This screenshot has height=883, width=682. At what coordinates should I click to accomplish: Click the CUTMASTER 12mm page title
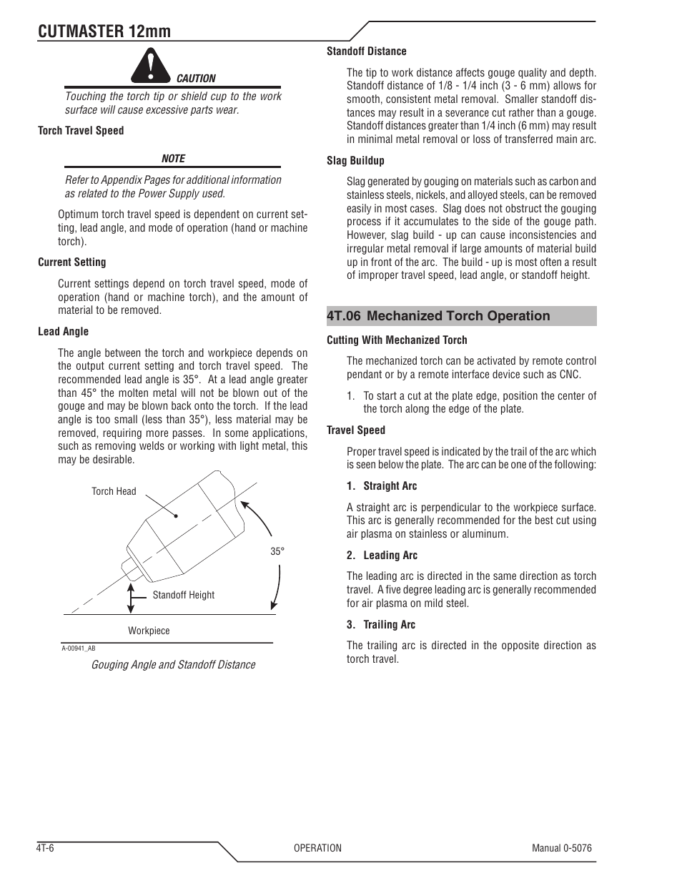pos(104,31)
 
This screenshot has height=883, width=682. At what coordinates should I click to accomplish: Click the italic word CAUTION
pos(196,79)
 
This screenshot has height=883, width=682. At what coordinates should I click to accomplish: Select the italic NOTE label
pos(173,159)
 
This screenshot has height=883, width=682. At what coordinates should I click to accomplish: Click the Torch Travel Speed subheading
pos(81,131)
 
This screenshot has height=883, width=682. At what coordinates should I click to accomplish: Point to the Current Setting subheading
pos(71,262)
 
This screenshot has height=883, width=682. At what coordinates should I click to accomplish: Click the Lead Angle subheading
pos(64,332)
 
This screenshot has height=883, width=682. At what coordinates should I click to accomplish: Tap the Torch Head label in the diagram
pos(114,491)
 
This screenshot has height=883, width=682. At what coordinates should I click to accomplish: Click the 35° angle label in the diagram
pos(277,552)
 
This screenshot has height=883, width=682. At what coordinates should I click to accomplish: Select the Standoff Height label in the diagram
pos(183,595)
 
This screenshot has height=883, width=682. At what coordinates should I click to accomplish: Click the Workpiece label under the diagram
pos(149,631)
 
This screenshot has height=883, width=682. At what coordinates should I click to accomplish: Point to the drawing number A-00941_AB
pos(78,648)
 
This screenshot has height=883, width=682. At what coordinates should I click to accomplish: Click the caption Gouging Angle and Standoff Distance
pos(172,665)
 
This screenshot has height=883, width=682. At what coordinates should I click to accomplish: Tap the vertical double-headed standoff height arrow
pos(131,598)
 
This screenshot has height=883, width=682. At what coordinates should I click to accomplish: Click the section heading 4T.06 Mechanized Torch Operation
pos(438,316)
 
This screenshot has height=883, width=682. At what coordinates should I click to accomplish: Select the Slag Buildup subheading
pos(355,161)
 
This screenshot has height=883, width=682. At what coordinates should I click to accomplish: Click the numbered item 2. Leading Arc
pos(382,556)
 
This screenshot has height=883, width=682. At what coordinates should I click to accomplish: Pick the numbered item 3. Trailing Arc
pos(380,625)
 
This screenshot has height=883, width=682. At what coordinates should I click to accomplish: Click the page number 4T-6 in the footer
pos(46,848)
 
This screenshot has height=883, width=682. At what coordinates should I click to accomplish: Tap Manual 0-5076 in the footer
pos(561,848)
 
